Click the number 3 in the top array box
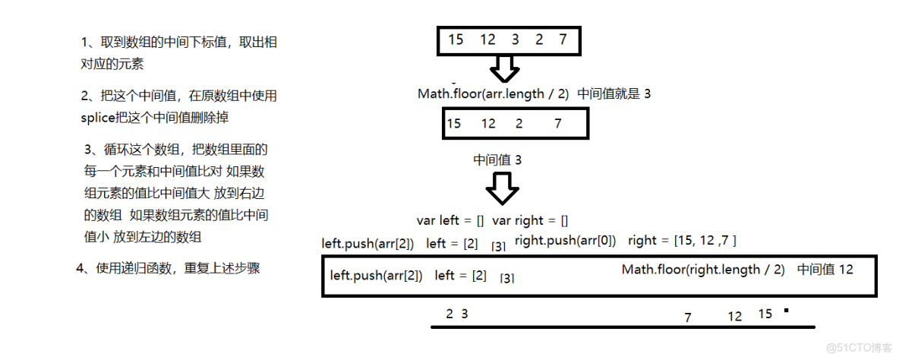click(x=515, y=39)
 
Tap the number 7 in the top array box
click(x=563, y=39)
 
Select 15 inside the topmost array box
click(x=456, y=39)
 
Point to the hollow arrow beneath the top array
click(x=503, y=68)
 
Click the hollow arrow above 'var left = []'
click(x=502, y=188)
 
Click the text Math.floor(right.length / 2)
click(x=703, y=270)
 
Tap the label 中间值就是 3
click(x=614, y=93)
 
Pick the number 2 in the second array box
click(x=519, y=123)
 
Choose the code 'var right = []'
click(x=530, y=220)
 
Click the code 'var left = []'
click(x=450, y=220)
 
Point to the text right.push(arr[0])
click(x=566, y=241)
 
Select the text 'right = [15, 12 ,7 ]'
click(x=683, y=241)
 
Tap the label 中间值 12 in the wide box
click(x=825, y=270)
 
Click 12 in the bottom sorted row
click(x=734, y=317)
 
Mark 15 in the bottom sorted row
click(x=764, y=314)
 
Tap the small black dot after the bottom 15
click(x=786, y=310)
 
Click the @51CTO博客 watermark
click(x=858, y=347)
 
